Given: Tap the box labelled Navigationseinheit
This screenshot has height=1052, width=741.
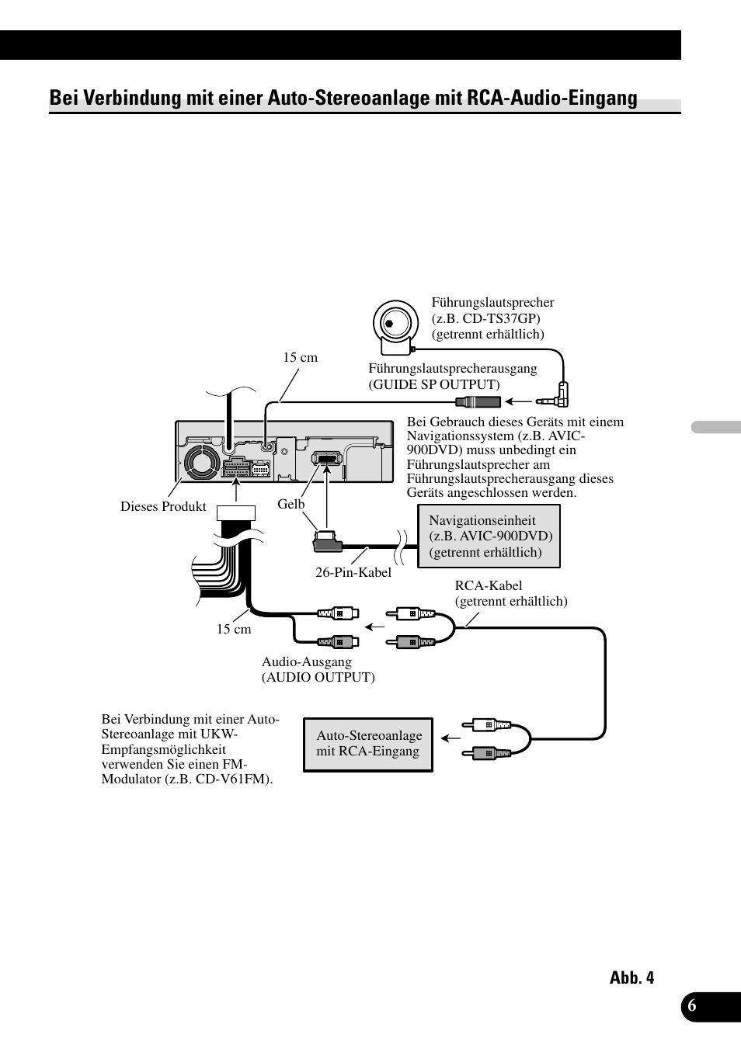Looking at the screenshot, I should pyautogui.click(x=489, y=536).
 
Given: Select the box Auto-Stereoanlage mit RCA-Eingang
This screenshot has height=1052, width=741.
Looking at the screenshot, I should pyautogui.click(x=368, y=744).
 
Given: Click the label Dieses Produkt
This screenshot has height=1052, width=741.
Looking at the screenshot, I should pyautogui.click(x=163, y=507).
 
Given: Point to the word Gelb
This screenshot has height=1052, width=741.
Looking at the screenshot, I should pyautogui.click(x=291, y=504).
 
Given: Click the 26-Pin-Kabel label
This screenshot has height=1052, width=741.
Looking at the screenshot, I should pyautogui.click(x=353, y=572).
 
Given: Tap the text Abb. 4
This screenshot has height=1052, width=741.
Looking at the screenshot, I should pyautogui.click(x=631, y=977).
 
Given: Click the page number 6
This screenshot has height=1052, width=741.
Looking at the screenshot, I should pyautogui.click(x=692, y=1005).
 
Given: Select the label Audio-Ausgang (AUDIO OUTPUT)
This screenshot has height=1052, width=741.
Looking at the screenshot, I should pyautogui.click(x=318, y=669).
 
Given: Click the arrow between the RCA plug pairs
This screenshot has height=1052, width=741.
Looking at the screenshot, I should pyautogui.click(x=376, y=627).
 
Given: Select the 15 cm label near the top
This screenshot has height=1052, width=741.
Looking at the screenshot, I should pyautogui.click(x=300, y=358).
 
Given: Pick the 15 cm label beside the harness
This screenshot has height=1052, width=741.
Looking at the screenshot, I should pyautogui.click(x=234, y=629).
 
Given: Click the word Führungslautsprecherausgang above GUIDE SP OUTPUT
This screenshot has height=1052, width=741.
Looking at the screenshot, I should pyautogui.click(x=453, y=368).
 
